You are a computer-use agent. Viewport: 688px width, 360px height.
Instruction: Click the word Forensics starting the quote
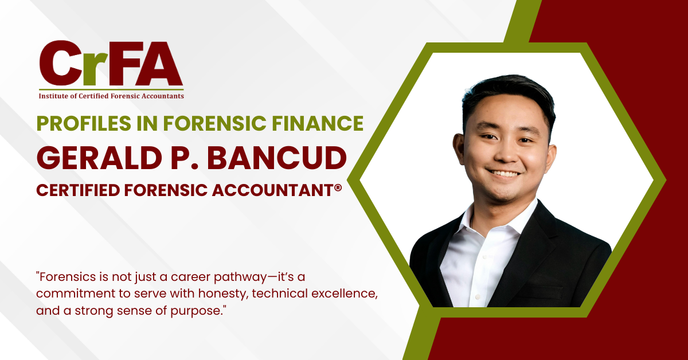[x=64, y=276]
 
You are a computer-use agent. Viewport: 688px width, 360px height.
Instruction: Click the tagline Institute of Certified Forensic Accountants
[x=111, y=96]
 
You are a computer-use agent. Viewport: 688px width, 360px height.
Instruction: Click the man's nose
[x=501, y=151]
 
